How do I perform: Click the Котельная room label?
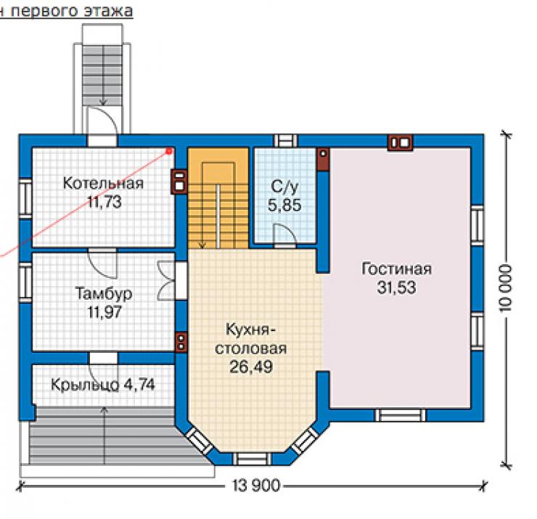(103, 183)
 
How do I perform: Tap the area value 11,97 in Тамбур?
(104, 312)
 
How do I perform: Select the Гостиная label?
(396, 269)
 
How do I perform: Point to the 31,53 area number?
(396, 287)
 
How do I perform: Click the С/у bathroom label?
(284, 187)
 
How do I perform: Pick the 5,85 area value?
(284, 205)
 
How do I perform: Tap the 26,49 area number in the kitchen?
(251, 367)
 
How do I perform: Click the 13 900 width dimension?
(256, 486)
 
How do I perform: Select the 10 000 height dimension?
(506, 287)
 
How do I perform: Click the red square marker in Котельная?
(168, 151)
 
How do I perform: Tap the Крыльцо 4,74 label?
(103, 385)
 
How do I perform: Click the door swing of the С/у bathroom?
(285, 235)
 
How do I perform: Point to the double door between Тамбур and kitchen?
(167, 281)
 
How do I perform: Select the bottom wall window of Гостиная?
(400, 415)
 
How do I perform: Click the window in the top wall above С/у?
(285, 141)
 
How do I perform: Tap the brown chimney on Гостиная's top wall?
(400, 142)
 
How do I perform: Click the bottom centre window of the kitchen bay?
(251, 459)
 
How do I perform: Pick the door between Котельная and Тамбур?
(102, 263)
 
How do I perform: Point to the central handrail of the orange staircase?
(218, 216)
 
